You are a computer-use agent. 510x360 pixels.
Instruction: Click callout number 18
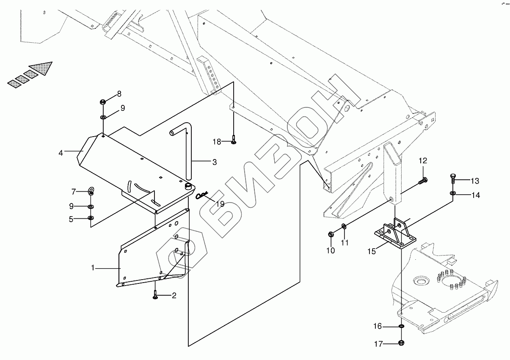pyautogui.click(x=217, y=142)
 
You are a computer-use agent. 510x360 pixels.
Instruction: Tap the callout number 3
pyautogui.click(x=215, y=162)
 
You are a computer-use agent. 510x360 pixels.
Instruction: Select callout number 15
pyautogui.click(x=371, y=251)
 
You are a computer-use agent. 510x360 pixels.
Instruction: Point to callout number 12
pyautogui.click(x=423, y=161)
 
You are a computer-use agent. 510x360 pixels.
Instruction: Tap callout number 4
pyautogui.click(x=61, y=153)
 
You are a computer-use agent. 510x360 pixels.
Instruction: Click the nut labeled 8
pyautogui.click(x=103, y=102)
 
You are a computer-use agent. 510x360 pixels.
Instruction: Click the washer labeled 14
pyautogui.click(x=453, y=194)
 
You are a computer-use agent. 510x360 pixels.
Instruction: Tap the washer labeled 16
pyautogui.click(x=401, y=327)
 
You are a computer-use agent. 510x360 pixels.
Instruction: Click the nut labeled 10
pyautogui.click(x=331, y=234)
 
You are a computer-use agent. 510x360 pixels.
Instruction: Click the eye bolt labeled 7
pyautogui.click(x=91, y=191)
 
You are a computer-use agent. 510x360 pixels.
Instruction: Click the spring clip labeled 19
pyautogui.click(x=202, y=195)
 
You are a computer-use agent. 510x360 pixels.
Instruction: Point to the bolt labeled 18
pyautogui.click(x=234, y=139)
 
